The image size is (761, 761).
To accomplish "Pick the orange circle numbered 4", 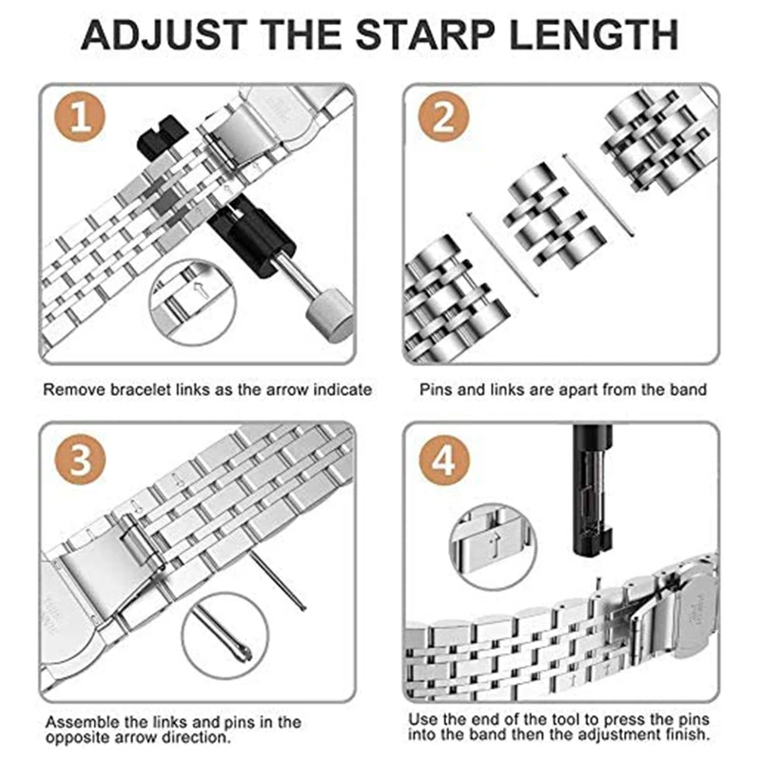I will (444, 460).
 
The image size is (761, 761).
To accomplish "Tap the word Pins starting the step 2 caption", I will (437, 389).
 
